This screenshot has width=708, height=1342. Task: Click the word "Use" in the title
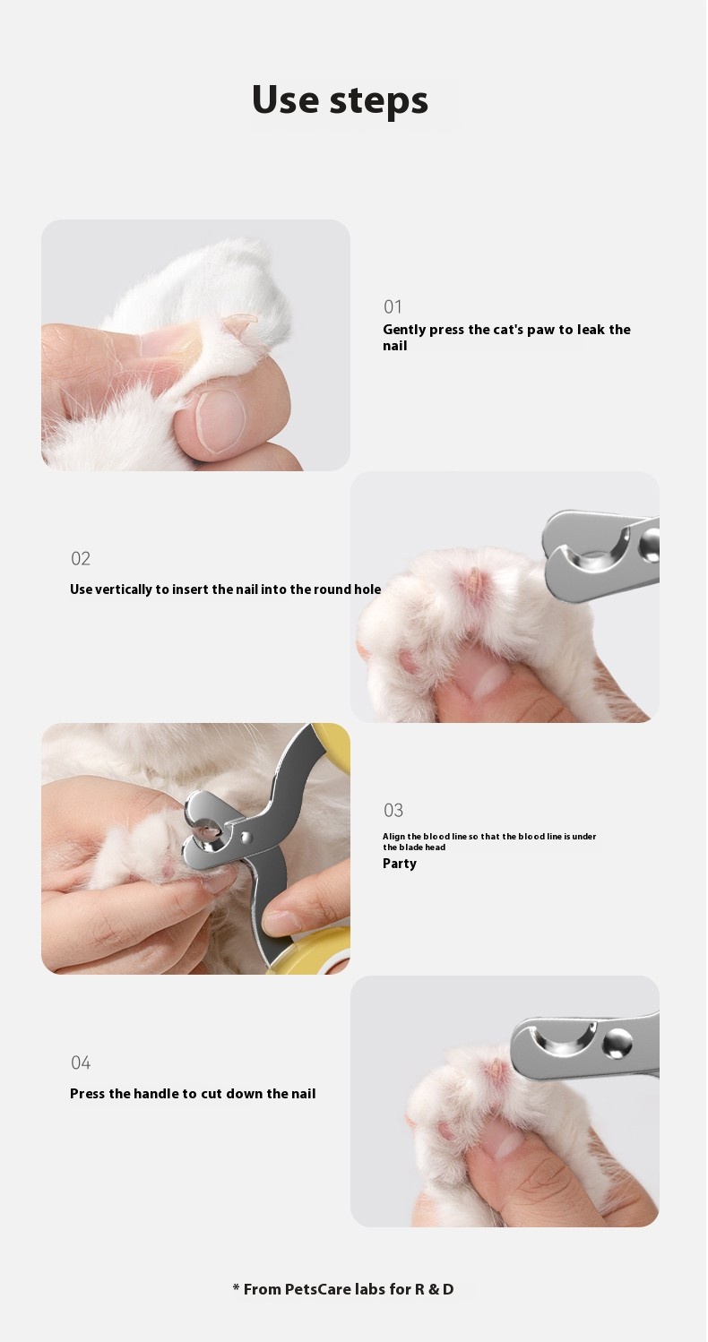coord(285,99)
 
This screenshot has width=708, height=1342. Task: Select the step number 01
coord(393,306)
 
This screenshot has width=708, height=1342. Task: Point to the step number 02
coord(81,558)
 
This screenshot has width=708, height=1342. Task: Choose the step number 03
coord(393,810)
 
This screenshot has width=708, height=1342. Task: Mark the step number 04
coord(81,1062)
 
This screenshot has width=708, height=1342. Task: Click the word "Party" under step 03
coord(400,864)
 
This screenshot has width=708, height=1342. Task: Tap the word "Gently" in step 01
coord(404,330)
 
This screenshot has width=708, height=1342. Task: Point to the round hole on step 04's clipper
coord(617,1042)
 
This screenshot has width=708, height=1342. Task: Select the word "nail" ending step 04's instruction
coord(303,1093)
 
